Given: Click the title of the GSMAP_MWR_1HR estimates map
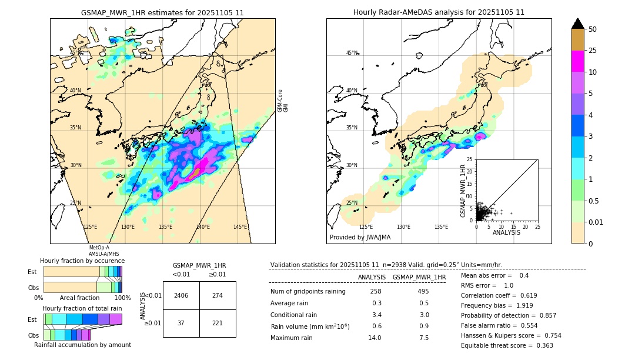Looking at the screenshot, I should click(x=162, y=12).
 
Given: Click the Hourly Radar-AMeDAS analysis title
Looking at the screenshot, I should click(x=439, y=12).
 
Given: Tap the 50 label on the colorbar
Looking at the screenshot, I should click(x=593, y=29).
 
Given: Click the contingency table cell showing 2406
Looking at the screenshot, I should click(x=181, y=295).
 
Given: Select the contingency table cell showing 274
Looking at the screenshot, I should click(x=218, y=295).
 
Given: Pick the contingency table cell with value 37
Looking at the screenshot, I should click(x=181, y=324).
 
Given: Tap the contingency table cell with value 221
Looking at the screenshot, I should click(x=218, y=324).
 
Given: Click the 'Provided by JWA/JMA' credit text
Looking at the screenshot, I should click(x=360, y=238).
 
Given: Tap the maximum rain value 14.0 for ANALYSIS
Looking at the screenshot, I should click(x=375, y=338).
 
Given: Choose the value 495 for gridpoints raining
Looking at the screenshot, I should click(x=423, y=292).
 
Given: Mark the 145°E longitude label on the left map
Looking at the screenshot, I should click(x=240, y=227).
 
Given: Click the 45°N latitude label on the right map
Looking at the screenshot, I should click(x=352, y=53).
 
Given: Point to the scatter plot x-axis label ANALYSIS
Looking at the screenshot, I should click(x=506, y=232).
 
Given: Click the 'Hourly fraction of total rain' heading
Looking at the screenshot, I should click(x=82, y=308).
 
